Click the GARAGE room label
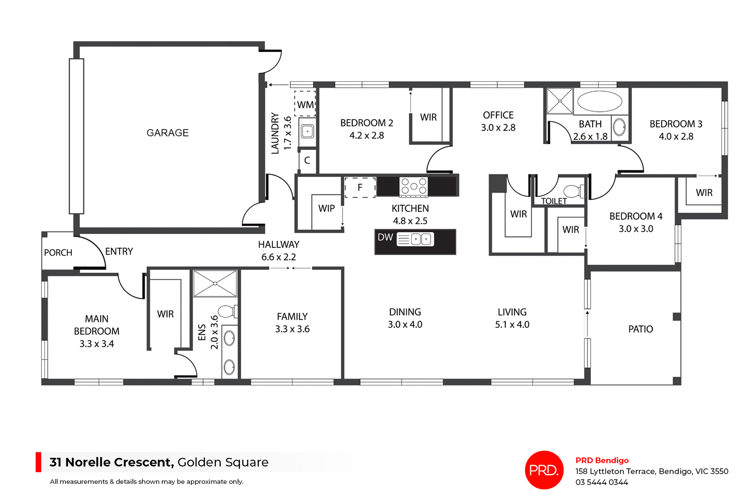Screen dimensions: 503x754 click(167, 133)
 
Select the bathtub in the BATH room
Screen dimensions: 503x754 click(600, 101)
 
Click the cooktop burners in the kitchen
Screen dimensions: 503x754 click(414, 187)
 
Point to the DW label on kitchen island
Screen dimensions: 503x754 click(385, 237)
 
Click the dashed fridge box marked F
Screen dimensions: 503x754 click(360, 188)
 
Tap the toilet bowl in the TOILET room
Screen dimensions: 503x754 click(573, 192)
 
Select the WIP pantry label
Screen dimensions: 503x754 click(326, 209)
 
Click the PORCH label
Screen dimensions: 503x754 click(58, 252)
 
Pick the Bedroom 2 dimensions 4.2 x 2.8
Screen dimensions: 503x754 click(366, 135)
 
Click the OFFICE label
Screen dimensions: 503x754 click(498, 115)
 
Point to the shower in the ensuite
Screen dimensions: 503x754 click(215, 283)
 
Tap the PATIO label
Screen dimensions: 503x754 click(641, 329)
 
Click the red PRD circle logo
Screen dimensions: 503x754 click(544, 470)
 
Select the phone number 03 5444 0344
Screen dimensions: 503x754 click(602, 482)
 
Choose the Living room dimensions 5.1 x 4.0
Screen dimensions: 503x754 click(512, 325)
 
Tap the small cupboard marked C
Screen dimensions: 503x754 click(307, 160)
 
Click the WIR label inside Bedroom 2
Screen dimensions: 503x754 click(428, 117)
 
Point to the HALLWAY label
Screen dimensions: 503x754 click(278, 244)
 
